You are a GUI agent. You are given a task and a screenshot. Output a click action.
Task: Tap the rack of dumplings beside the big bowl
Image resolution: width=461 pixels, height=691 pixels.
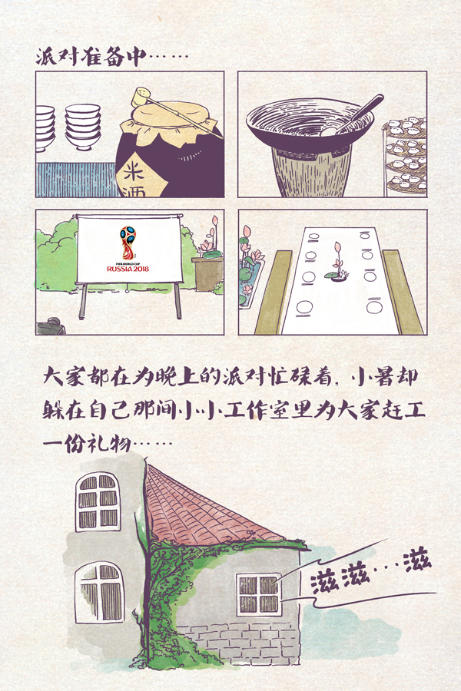[x=405, y=154]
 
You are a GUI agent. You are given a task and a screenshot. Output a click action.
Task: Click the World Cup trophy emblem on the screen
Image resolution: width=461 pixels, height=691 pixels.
[x=128, y=243]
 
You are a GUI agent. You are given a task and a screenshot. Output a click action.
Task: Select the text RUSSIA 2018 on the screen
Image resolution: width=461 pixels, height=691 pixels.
[x=128, y=269]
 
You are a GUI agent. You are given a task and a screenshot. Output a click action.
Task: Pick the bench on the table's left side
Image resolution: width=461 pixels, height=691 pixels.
[x=273, y=292]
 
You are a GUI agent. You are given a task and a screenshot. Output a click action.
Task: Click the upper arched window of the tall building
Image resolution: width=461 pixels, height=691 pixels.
[x=98, y=503]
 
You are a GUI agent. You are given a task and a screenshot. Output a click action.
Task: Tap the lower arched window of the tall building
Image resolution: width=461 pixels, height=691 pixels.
[x=100, y=591]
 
